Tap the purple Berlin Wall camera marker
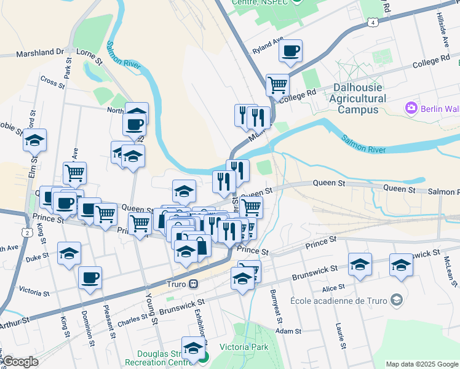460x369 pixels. pos(411,109)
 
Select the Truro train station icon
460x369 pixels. pos(193,284)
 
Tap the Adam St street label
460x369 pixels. pos(288,331)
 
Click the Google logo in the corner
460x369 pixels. pos(21,361)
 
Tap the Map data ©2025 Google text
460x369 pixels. pos(421,364)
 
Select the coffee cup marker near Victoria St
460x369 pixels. pos(90,277)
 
